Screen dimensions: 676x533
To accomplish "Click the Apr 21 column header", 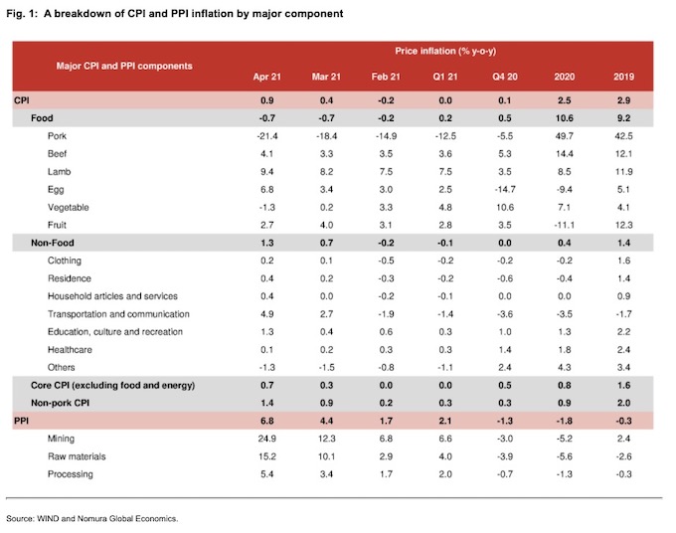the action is pyautogui.click(x=266, y=77).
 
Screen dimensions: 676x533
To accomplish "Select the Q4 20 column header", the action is pyautogui.click(x=505, y=77).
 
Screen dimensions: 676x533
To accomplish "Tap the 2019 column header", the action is pyautogui.click(x=623, y=77).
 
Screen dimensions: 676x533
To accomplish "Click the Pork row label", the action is pyautogui.click(x=57, y=136).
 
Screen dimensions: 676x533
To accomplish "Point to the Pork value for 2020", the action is pyautogui.click(x=565, y=136).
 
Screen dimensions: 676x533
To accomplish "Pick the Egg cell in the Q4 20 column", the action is pyautogui.click(x=505, y=189).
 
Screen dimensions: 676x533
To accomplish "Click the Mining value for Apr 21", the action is pyautogui.click(x=266, y=439).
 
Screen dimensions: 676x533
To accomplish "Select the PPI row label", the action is pyautogui.click(x=21, y=421).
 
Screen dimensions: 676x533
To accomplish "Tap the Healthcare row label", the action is pyautogui.click(x=70, y=349).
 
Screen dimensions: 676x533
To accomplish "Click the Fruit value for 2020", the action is pyautogui.click(x=565, y=225).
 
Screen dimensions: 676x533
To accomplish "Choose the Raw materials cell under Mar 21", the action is pyautogui.click(x=326, y=456).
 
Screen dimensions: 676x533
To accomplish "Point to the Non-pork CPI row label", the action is pyautogui.click(x=60, y=403).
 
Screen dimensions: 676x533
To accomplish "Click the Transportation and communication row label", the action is pyautogui.click(x=118, y=314).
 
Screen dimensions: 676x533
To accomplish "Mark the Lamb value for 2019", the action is pyautogui.click(x=623, y=172).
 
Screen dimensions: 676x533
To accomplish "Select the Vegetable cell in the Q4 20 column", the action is pyautogui.click(x=505, y=207).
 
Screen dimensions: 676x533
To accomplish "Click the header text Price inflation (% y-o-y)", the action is pyautogui.click(x=445, y=51).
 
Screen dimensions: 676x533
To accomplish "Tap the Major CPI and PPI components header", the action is pyautogui.click(x=124, y=66).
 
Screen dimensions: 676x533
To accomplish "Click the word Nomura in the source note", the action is pyautogui.click(x=91, y=518).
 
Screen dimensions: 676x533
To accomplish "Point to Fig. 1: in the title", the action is pyautogui.click(x=23, y=14).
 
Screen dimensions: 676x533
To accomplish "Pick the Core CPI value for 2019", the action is pyautogui.click(x=623, y=385).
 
